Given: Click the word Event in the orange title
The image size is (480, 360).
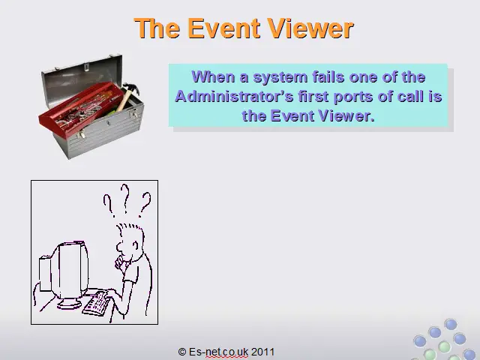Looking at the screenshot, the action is [x=224, y=28].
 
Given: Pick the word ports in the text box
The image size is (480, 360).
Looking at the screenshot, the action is [x=353, y=97].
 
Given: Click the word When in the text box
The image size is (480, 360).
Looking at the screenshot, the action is [x=213, y=76].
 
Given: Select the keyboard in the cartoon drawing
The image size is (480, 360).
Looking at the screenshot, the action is [x=97, y=303].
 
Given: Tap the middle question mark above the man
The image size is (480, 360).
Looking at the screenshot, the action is [x=125, y=198].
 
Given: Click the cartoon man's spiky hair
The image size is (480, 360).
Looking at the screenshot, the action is [x=130, y=228].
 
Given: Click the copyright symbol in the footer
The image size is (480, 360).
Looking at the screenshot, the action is [x=182, y=352].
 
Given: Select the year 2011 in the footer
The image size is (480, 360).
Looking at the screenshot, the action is [x=262, y=352].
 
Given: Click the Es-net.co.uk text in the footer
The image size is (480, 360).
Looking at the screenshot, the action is [x=218, y=352].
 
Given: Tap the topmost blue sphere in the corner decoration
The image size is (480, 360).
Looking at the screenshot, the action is [x=451, y=325].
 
